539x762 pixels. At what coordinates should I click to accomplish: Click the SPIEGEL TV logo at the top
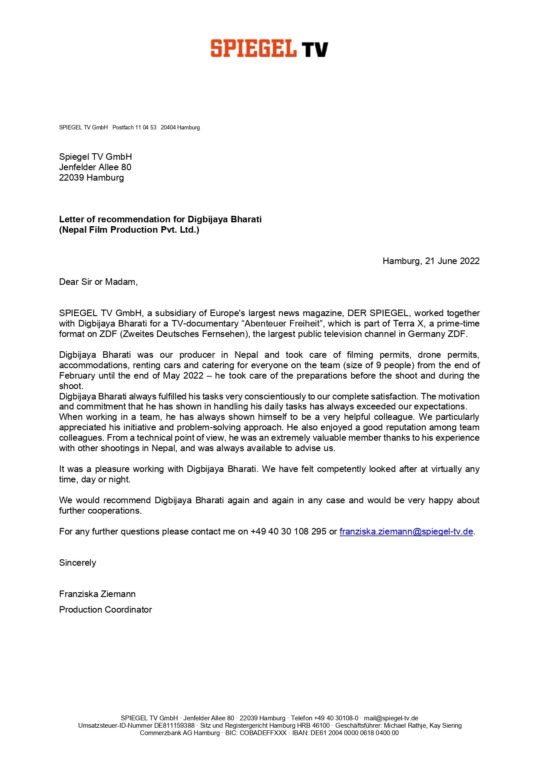pyautogui.click(x=269, y=48)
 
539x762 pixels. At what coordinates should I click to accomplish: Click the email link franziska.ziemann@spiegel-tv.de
pyautogui.click(x=406, y=531)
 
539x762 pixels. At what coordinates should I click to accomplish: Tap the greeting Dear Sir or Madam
pyautogui.click(x=98, y=282)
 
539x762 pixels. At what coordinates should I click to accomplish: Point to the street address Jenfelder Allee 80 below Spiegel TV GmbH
pyautogui.click(x=95, y=167)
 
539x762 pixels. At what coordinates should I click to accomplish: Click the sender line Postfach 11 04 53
pyautogui.click(x=134, y=128)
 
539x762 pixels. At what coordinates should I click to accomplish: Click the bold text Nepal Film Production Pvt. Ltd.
pyautogui.click(x=129, y=230)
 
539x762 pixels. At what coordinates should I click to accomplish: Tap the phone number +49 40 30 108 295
pyautogui.click(x=288, y=531)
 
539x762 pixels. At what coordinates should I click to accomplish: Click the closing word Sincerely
pyautogui.click(x=77, y=563)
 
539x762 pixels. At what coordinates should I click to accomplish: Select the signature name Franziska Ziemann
pyautogui.click(x=97, y=594)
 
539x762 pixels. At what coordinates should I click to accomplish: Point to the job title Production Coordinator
pyautogui.click(x=106, y=610)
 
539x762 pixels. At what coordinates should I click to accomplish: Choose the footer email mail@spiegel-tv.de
pyautogui.click(x=391, y=718)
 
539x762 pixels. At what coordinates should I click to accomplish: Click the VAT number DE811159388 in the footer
pyautogui.click(x=174, y=726)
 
